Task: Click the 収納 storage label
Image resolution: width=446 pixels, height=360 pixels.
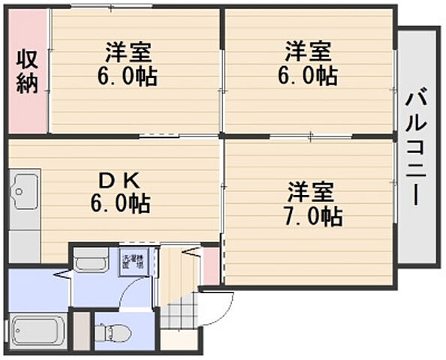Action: pyautogui.click(x=27, y=70)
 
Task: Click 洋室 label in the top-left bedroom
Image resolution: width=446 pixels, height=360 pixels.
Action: pyautogui.click(x=128, y=52)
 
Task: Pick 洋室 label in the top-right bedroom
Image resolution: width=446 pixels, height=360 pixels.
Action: pyautogui.click(x=309, y=52)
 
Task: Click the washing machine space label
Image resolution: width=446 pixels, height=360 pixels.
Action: pyautogui.click(x=133, y=262)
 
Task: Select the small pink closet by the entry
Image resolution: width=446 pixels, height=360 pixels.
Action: pyautogui.click(x=212, y=264)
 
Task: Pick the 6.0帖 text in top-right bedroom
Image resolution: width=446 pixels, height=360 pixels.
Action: pyautogui.click(x=309, y=76)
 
